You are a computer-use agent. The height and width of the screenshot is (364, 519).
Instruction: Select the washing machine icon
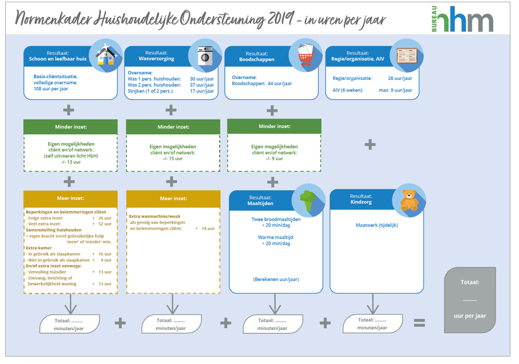pyautogui.click(x=204, y=55)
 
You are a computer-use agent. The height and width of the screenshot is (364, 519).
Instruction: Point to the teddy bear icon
pyautogui.click(x=409, y=200)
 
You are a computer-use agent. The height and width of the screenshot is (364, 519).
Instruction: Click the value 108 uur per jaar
pyautogui.click(x=51, y=89)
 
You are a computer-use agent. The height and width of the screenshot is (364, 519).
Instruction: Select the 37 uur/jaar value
pyautogui.click(x=202, y=85)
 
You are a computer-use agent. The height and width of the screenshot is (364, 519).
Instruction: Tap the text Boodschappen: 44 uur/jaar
pyautogui.click(x=262, y=83)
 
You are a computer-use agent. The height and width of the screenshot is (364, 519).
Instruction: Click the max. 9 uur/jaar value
pyautogui.click(x=395, y=90)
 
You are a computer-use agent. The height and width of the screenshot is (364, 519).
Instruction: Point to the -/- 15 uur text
pyautogui.click(x=172, y=159)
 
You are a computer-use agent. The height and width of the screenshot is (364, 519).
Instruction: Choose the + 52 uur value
pyautogui.click(x=102, y=224)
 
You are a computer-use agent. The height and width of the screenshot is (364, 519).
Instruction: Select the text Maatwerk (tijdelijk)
pyautogui.click(x=377, y=225)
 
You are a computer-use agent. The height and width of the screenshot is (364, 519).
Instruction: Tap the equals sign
pyautogui.click(x=419, y=323)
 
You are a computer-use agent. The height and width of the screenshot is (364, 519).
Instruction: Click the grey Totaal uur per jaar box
pyautogui.click(x=470, y=300)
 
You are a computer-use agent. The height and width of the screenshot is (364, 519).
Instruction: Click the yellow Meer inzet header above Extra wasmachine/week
pyautogui.click(x=173, y=198)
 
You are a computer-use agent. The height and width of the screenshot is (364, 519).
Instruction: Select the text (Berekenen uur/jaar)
pyautogui.click(x=276, y=279)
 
